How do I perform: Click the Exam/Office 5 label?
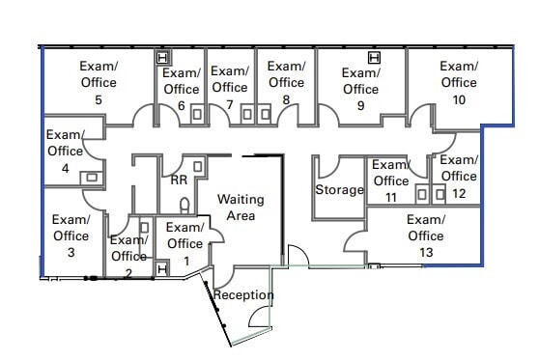pos(99,82)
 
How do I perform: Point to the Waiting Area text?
pos(241,207)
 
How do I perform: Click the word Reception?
pos(243,294)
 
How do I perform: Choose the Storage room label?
pos(339,190)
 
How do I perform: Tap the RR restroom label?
pos(179,180)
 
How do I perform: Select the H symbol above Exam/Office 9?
pos(373,57)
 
